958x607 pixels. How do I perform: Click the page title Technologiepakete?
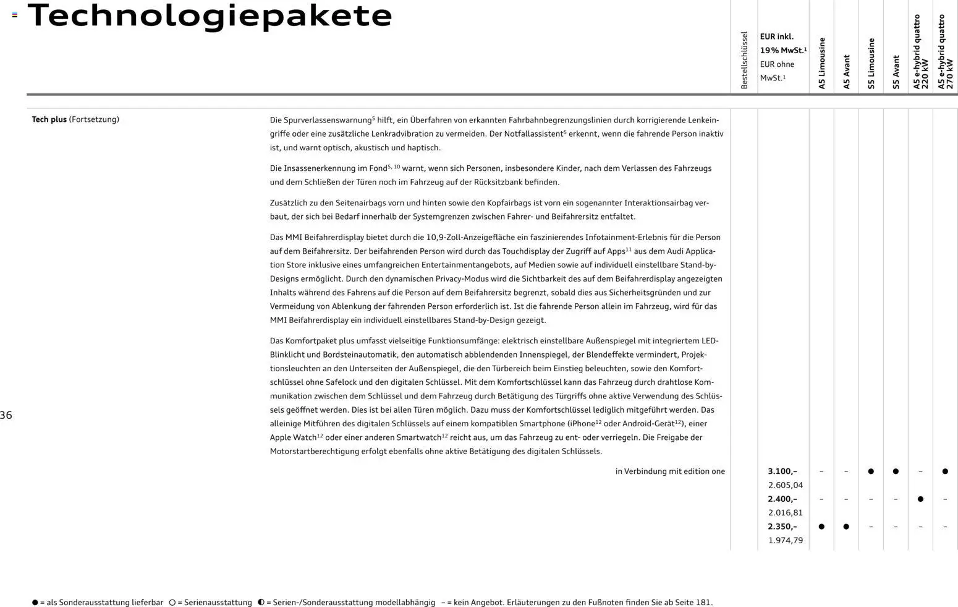210,15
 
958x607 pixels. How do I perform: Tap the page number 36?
6,415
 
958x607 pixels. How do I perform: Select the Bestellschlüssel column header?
744,60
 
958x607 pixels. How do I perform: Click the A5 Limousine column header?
822,63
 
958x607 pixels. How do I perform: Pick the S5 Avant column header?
896,72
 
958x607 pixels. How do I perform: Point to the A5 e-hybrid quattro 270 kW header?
946,52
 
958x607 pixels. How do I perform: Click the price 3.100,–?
782,471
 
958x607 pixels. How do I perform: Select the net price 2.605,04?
786,485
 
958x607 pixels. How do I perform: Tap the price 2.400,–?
782,499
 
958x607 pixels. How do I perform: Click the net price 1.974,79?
786,540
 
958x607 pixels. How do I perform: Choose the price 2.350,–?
782,527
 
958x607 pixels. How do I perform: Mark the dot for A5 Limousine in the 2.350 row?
821,527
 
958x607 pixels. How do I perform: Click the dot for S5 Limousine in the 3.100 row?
871,471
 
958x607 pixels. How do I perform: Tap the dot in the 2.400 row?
920,499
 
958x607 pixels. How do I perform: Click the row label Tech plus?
49,119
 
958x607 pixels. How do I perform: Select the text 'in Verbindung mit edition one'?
670,471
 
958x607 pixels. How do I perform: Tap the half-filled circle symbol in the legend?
261,602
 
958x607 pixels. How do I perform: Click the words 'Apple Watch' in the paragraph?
293,437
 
